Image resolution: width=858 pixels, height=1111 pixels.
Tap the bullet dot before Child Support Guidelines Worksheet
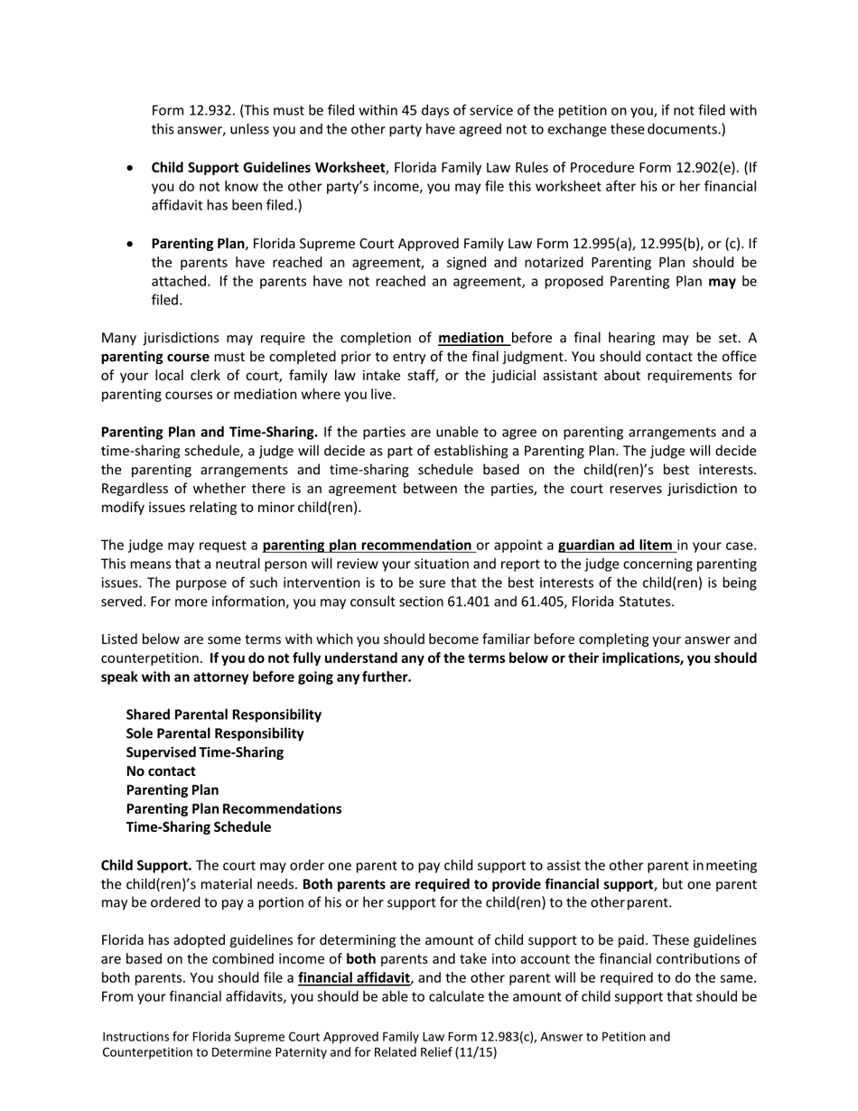(x=132, y=168)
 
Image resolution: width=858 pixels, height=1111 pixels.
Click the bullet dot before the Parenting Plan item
(x=132, y=244)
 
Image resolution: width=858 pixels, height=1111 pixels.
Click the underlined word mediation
(x=471, y=339)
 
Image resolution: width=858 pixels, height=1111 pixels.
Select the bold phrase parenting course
(x=154, y=357)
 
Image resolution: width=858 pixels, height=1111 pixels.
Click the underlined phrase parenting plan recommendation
(x=367, y=546)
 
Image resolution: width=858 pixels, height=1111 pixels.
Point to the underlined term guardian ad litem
(x=615, y=546)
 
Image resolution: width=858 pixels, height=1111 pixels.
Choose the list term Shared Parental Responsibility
(x=223, y=714)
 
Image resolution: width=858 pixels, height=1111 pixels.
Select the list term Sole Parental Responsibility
(x=215, y=733)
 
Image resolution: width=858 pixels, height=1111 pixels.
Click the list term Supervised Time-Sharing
(x=204, y=752)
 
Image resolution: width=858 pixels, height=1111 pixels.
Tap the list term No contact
(x=161, y=771)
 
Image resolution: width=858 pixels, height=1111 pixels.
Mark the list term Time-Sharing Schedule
(x=198, y=827)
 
